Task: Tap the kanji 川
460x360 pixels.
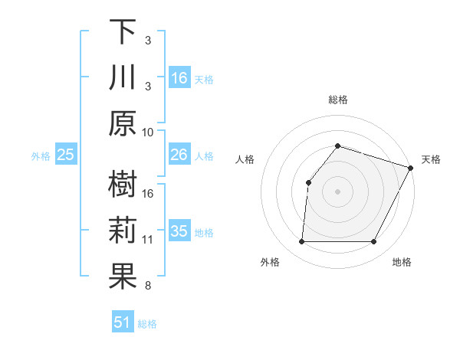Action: click(x=123, y=78)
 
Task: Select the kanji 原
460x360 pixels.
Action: click(x=123, y=123)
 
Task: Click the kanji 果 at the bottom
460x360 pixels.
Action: click(x=123, y=277)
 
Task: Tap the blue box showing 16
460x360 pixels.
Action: click(x=179, y=77)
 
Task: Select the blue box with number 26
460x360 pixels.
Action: click(x=179, y=155)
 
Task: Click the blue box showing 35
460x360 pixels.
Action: click(x=179, y=231)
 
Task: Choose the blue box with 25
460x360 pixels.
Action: click(x=66, y=155)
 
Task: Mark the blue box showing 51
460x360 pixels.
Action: click(x=123, y=322)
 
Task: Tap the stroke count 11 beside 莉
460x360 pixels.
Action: click(x=148, y=240)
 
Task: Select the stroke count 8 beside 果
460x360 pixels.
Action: click(x=148, y=286)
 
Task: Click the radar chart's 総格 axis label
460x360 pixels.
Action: click(x=337, y=100)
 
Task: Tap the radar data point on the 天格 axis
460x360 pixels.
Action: click(x=411, y=168)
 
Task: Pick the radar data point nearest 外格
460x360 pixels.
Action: click(x=301, y=242)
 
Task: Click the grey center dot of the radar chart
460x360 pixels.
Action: click(x=337, y=191)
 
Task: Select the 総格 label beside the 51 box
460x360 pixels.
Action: click(x=147, y=324)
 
